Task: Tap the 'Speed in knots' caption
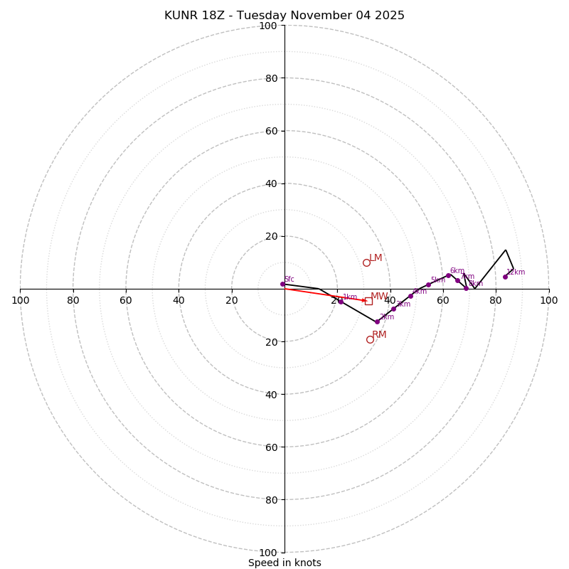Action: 284,563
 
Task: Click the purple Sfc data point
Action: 282,284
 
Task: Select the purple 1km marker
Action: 341,302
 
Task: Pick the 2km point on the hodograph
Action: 377,321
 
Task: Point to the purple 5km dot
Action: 428,284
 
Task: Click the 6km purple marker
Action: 448,275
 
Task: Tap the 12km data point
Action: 506,277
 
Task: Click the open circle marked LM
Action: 366,262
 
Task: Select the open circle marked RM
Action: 370,339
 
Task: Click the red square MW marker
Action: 368,301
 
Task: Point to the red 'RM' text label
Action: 379,334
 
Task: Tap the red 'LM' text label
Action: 376,257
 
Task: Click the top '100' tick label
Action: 267,26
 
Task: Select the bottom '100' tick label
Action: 267,553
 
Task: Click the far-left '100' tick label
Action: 21,300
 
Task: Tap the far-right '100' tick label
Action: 548,300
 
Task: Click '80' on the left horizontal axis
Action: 73,300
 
